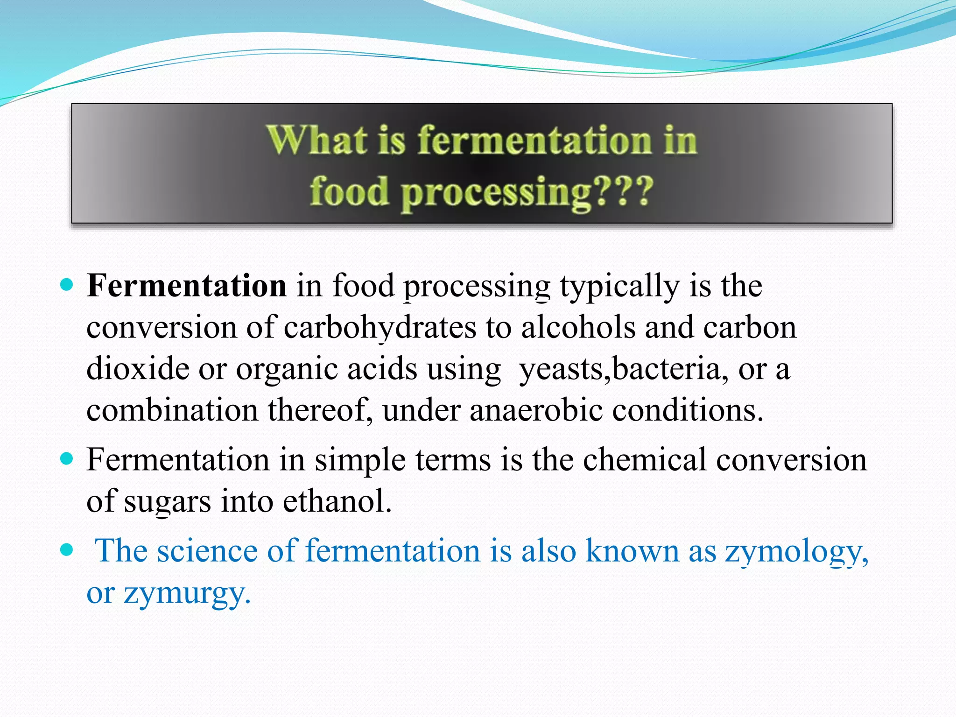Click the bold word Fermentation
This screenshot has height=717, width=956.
186,286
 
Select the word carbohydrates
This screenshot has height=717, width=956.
380,328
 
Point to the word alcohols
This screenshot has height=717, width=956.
578,327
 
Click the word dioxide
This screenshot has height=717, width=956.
138,369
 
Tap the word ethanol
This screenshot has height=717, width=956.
337,501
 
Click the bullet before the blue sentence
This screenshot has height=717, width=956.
67,550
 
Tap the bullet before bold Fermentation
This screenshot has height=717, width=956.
67,284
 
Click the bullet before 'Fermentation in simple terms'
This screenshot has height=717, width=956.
67,458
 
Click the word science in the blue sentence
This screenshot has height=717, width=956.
207,551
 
